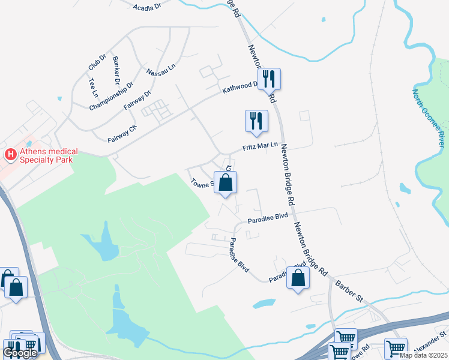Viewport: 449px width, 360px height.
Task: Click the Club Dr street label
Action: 97,61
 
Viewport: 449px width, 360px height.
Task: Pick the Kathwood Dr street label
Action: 240,88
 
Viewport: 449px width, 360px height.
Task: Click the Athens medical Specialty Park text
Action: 46,156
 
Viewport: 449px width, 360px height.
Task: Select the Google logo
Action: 20,353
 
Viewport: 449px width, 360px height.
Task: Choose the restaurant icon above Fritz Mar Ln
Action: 256,121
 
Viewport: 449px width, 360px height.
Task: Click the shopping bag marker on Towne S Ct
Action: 225,182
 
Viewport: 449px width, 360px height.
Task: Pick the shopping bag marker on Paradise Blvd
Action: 298,278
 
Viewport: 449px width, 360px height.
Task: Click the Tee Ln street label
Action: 92,88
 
